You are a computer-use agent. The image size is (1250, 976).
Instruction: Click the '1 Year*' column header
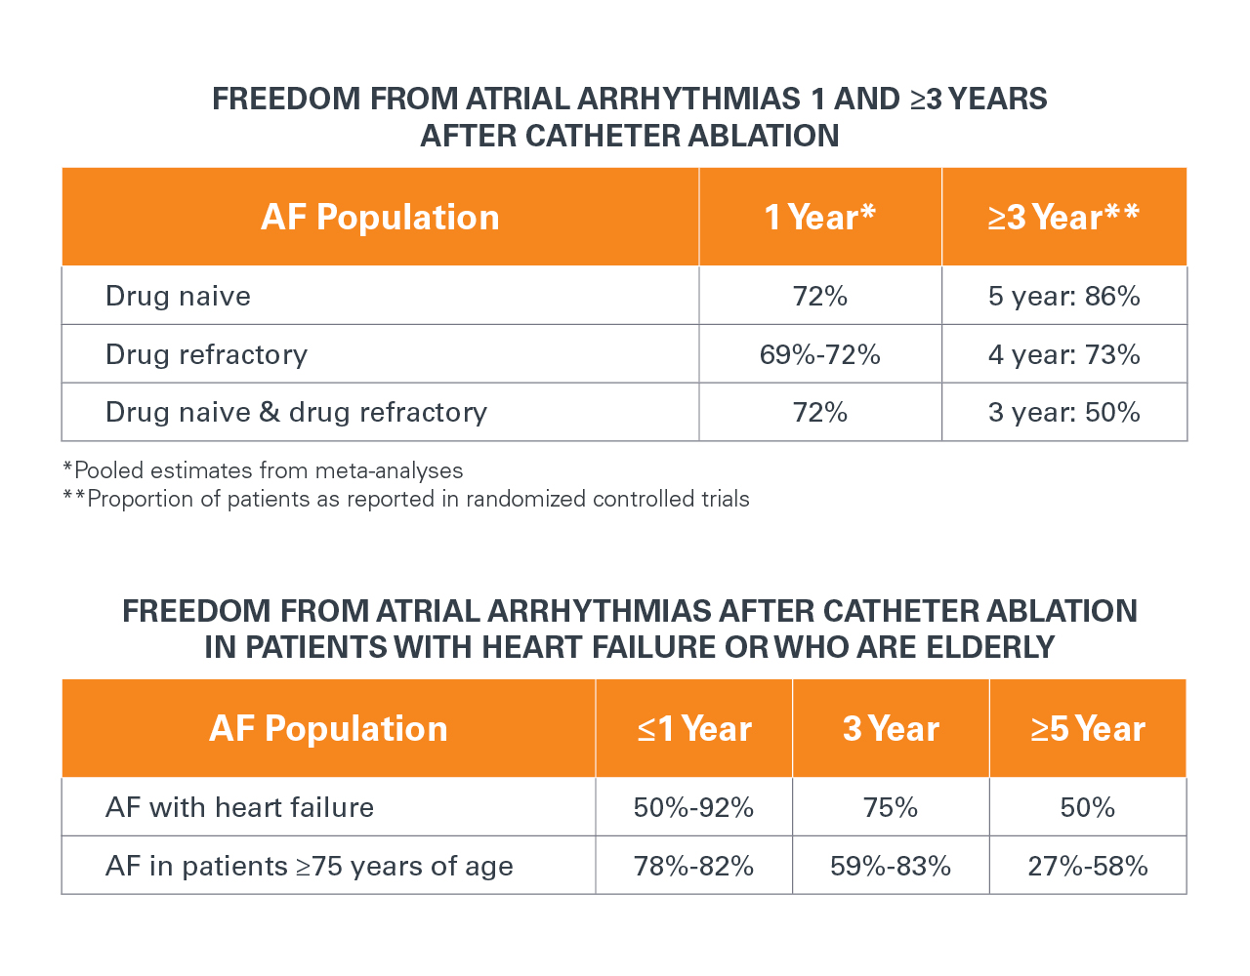pyautogui.click(x=819, y=217)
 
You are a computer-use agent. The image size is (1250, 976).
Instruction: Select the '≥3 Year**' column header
pyautogui.click(x=1063, y=217)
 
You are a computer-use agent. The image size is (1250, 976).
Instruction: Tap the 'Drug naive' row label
pyautogui.click(x=178, y=296)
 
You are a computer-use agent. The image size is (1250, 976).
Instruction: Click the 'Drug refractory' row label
pyautogui.click(x=206, y=354)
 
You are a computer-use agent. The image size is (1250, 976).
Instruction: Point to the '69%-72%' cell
pyautogui.click(x=819, y=354)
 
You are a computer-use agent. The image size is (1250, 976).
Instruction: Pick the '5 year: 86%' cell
pyautogui.click(x=1063, y=296)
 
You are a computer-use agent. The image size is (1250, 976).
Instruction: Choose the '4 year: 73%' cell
pyautogui.click(x=1063, y=354)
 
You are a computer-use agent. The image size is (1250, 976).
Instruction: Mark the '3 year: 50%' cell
pyautogui.click(x=1063, y=412)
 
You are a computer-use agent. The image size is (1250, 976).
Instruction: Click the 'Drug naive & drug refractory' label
pyautogui.click(x=296, y=412)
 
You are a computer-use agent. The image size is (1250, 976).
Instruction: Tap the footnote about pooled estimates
pyautogui.click(x=263, y=470)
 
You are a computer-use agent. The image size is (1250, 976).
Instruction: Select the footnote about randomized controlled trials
pyautogui.click(x=406, y=499)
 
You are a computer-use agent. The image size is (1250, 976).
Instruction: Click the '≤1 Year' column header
pyautogui.click(x=694, y=728)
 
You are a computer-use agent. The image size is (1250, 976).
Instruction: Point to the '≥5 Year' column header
pyautogui.click(x=1088, y=728)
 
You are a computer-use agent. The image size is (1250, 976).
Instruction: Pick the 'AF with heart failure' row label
pyautogui.click(x=239, y=807)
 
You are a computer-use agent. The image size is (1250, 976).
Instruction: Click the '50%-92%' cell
pyautogui.click(x=693, y=807)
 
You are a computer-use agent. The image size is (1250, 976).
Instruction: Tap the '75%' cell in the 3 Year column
pyautogui.click(x=891, y=807)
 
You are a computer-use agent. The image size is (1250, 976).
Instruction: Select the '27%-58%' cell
pyautogui.click(x=1088, y=866)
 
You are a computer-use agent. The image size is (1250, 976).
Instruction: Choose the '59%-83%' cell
pyautogui.click(x=891, y=866)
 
